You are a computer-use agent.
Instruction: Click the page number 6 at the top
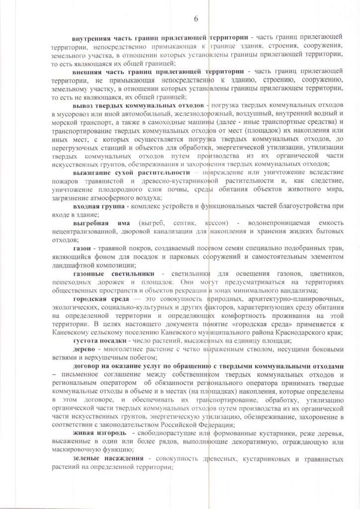(x=196, y=18)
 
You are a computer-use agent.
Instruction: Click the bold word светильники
(x=128, y=275)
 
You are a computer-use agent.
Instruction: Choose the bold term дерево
(x=84, y=351)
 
